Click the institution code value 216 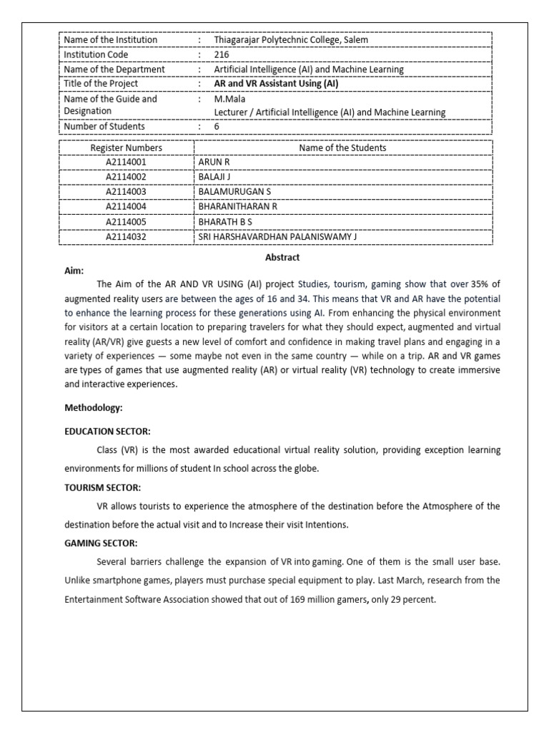click(222, 54)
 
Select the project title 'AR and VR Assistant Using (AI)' click(277, 84)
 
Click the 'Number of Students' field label click(104, 127)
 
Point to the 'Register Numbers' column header click(126, 147)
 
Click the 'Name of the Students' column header click(342, 147)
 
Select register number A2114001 click(126, 162)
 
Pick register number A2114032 click(126, 236)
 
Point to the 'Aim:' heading click(74, 271)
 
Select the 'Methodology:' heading click(94, 407)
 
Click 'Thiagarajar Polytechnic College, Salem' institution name click(291, 40)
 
